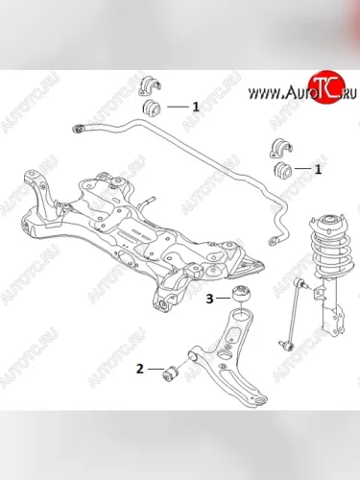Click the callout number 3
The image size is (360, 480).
[209, 299]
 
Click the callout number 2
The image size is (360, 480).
[140, 369]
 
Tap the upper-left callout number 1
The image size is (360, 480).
[196, 107]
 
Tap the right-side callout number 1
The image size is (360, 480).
[318, 169]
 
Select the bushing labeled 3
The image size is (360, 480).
[242, 294]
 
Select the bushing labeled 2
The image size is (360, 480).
[172, 373]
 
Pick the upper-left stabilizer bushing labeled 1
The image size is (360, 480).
[152, 108]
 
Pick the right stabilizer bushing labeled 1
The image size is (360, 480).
[283, 170]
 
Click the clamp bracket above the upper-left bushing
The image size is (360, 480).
[150, 85]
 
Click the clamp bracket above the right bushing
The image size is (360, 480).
[281, 148]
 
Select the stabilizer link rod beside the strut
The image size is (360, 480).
[294, 313]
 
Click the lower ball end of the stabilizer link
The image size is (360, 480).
[285, 344]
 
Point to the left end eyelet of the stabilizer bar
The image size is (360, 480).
[79, 129]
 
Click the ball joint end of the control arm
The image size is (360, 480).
[258, 400]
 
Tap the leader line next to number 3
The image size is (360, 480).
[223, 299]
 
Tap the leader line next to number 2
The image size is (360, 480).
[155, 369]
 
